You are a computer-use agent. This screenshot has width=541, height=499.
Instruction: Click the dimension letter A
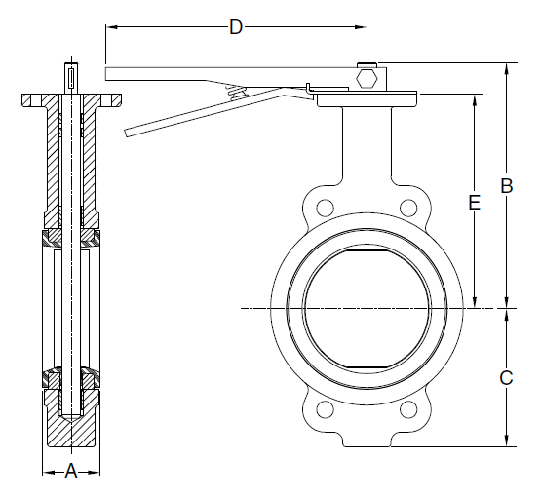pyautogui.click(x=71, y=473)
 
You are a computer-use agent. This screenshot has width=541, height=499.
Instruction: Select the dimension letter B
pyautogui.click(x=506, y=185)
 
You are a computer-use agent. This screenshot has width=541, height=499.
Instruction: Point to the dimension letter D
pyautogui.click(x=235, y=27)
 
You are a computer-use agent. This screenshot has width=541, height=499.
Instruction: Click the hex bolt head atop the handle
pyautogui.click(x=367, y=75)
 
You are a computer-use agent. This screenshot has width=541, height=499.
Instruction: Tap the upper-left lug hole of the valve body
pyautogui.click(x=325, y=206)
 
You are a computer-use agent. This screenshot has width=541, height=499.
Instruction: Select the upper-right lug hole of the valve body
pyautogui.click(x=410, y=206)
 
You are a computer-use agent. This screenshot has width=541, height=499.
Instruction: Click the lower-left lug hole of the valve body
pyautogui.click(x=325, y=410)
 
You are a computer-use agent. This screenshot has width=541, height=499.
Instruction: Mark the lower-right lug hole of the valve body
pyautogui.click(x=410, y=410)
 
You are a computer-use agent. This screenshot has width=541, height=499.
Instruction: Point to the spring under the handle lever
pyautogui.click(x=234, y=92)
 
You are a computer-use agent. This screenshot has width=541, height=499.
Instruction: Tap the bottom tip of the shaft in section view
pyautogui.click(x=72, y=417)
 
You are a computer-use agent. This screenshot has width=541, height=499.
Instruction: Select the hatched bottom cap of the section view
pyautogui.click(x=72, y=427)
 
